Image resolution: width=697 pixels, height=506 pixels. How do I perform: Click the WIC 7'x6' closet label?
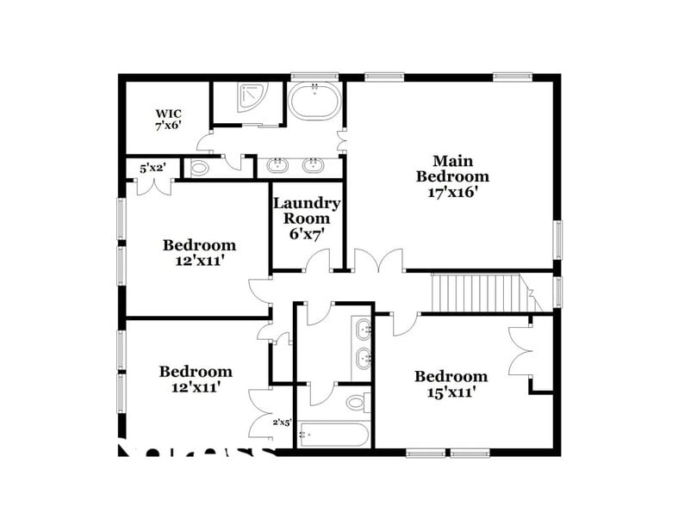(x=168, y=119)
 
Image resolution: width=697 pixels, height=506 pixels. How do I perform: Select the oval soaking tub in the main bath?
(x=314, y=101)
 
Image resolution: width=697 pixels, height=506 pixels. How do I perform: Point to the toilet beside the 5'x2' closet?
(x=199, y=168)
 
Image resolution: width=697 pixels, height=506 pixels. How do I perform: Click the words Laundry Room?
(x=307, y=211)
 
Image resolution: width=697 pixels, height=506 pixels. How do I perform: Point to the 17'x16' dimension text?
(x=452, y=193)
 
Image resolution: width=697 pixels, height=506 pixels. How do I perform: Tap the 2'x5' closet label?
(x=283, y=422)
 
